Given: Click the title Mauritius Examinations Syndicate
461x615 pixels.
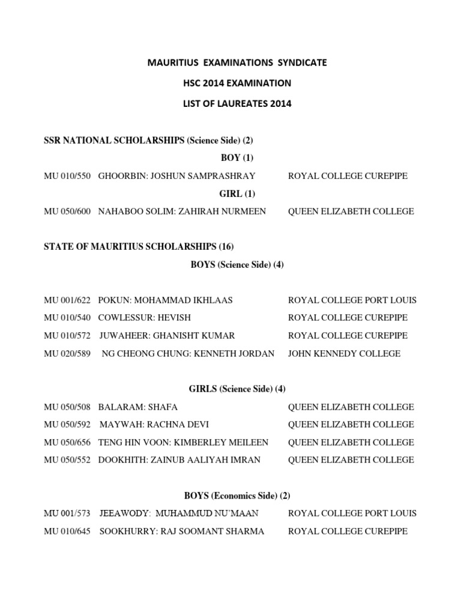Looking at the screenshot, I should pos(237,62).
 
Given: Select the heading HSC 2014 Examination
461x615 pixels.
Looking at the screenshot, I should pos(237,83).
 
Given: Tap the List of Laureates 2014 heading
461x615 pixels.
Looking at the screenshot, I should pos(237,103).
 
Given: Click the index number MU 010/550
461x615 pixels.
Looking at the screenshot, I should pos(67,176).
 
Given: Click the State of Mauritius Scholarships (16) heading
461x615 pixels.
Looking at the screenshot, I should pos(139,247).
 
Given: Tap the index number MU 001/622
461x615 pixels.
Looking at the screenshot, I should pos(67,300).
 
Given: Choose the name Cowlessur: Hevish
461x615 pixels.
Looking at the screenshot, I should pos(144,318).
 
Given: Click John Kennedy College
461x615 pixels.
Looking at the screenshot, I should pos(344,354).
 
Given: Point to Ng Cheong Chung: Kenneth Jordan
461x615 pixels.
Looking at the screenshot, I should pos(188,354).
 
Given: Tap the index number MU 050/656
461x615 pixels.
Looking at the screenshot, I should pos(67,443).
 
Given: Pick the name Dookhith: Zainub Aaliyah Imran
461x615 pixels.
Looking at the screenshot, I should pos(179,460).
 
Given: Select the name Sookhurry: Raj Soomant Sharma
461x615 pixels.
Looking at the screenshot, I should pos(181,532).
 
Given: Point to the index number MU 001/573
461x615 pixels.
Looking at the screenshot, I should pos(67,514).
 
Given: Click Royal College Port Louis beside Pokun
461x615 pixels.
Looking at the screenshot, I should pos(352,300).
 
